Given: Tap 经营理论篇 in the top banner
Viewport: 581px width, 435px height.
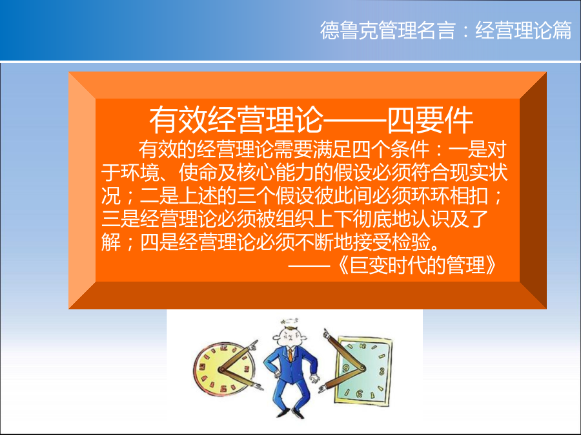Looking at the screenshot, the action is [524, 30].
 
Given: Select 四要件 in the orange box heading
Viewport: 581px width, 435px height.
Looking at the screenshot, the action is [430, 121].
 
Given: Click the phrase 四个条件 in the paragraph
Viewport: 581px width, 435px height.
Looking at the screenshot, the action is [391, 150].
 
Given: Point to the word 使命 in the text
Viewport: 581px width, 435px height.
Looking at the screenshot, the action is [198, 173].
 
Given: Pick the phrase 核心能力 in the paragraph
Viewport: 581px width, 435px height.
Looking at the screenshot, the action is [275, 173].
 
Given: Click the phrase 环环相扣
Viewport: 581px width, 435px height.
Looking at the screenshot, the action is [449, 196].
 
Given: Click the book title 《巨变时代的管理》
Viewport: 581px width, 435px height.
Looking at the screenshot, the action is [418, 266].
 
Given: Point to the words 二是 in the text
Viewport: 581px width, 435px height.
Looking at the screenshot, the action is [159, 196].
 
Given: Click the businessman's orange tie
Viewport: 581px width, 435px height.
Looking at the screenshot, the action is [290, 355].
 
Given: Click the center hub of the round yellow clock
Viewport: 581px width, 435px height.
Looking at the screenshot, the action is [222, 369].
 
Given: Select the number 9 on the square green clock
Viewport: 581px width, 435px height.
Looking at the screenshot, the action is [346, 368].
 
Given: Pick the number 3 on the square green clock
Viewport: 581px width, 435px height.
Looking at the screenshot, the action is [382, 371].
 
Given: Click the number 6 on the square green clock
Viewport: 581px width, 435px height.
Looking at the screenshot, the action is [359, 394].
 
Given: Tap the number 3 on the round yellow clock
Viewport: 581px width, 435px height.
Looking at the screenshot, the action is [246, 369].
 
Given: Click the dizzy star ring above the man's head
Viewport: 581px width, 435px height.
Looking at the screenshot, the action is [290, 322].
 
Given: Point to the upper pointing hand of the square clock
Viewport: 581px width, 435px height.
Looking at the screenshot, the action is [327, 334].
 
